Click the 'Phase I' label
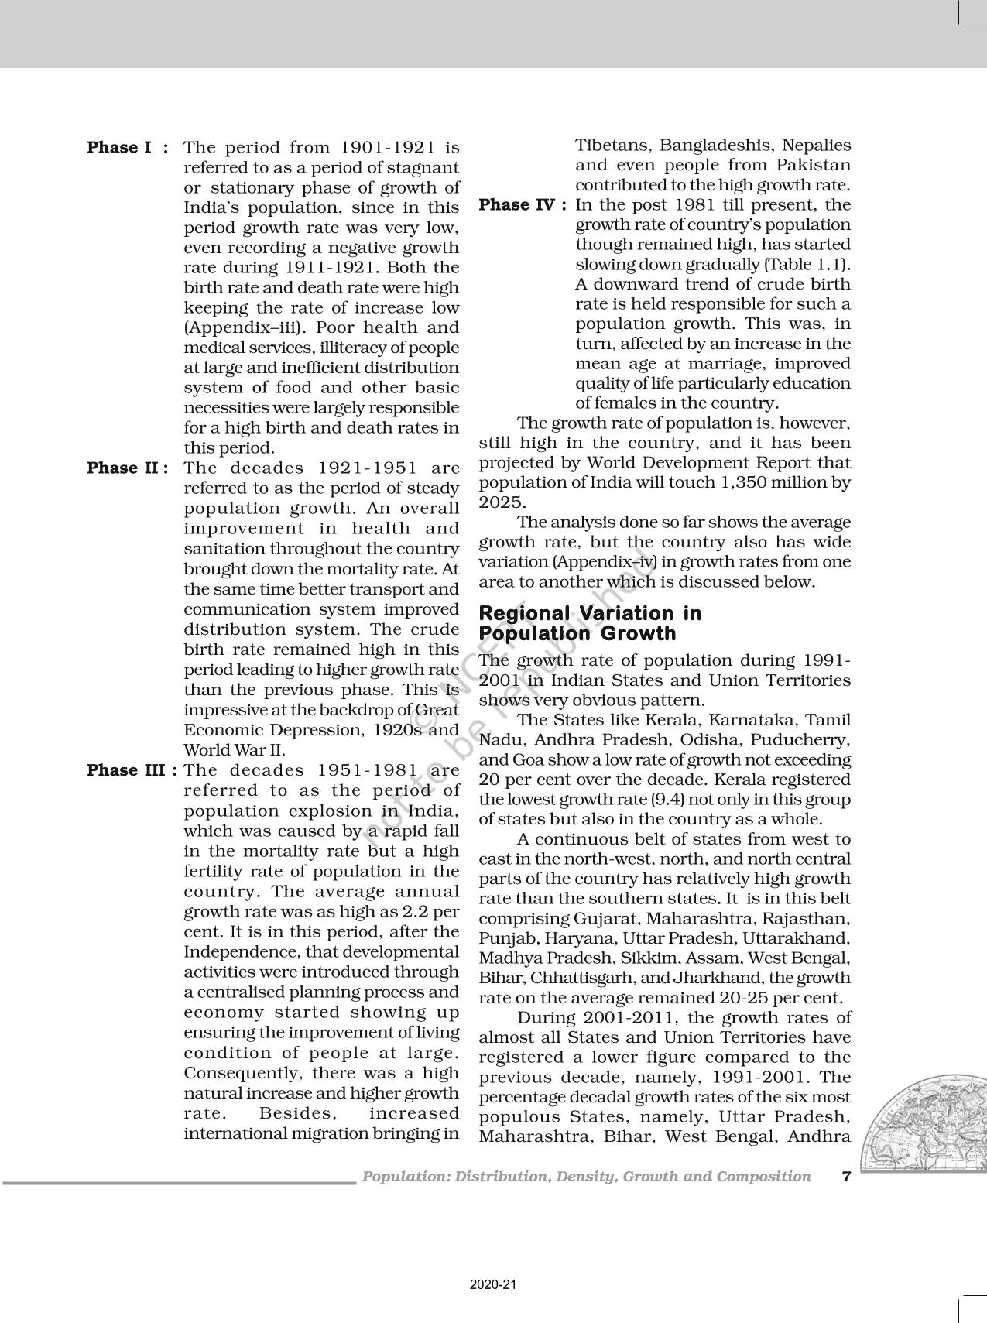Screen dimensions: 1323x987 click(x=119, y=147)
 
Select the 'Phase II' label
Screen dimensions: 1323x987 click(x=123, y=468)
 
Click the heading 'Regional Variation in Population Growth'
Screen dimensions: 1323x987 click(x=590, y=623)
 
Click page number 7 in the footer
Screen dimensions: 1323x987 click(x=846, y=1177)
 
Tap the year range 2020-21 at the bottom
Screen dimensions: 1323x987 click(x=492, y=1285)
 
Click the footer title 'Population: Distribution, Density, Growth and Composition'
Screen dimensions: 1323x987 click(x=586, y=1177)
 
